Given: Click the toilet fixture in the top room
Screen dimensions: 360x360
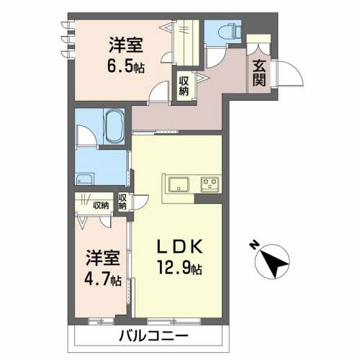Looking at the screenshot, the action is click(230, 30).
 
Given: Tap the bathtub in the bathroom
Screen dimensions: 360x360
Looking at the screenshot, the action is click(114, 126).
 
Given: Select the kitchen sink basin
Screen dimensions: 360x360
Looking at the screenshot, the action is click(179, 184).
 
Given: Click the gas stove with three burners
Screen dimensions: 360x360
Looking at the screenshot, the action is click(210, 184).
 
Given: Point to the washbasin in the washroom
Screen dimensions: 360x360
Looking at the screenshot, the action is click(84, 179).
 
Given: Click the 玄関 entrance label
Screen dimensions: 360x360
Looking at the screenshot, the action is click(259, 73).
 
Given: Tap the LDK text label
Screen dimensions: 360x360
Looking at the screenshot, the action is click(180, 247).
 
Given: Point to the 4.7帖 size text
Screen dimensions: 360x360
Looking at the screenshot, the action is click(103, 279).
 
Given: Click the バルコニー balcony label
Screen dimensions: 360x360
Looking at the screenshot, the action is click(153, 336).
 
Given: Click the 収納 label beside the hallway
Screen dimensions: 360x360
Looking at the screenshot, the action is click(184, 86).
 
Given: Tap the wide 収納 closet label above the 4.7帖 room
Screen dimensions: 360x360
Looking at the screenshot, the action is click(101, 205).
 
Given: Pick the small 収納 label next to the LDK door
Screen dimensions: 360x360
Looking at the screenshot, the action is click(122, 202).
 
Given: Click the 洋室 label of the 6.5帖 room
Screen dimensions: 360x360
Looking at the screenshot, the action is click(126, 45).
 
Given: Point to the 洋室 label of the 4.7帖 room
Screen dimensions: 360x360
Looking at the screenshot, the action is click(103, 258).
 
